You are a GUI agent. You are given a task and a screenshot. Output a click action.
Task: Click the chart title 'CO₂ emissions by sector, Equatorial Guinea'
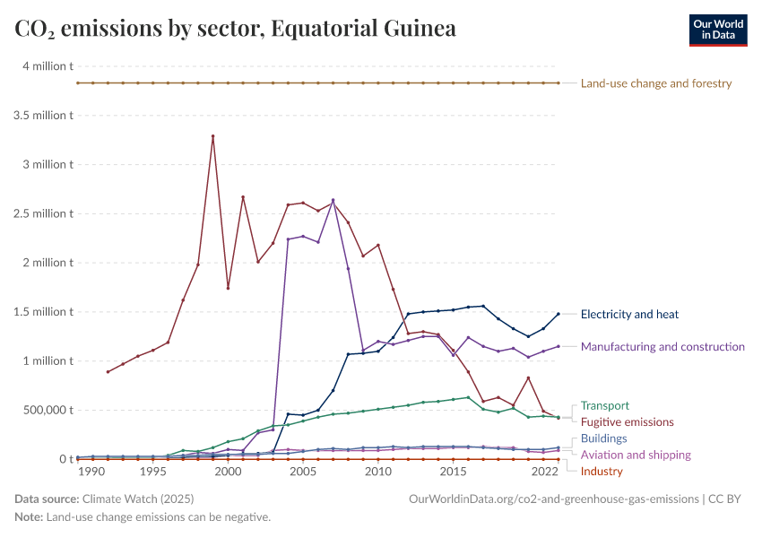click(235, 29)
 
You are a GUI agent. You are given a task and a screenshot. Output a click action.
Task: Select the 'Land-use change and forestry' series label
click(656, 83)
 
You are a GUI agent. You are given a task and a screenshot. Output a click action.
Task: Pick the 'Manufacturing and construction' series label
click(662, 347)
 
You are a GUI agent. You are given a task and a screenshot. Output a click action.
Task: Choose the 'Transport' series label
click(605, 406)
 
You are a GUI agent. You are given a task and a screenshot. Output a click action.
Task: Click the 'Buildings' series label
click(603, 439)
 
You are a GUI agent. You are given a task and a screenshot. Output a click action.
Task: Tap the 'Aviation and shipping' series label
click(635, 456)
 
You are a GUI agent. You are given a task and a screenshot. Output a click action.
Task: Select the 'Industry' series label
click(601, 472)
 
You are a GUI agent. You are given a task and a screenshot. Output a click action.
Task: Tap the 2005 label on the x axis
click(303, 472)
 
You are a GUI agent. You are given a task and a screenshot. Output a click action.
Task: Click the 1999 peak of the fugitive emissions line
click(212, 136)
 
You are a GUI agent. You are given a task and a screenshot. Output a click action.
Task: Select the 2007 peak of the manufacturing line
click(333, 200)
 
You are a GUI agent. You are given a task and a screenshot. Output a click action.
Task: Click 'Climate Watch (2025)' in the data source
click(138, 499)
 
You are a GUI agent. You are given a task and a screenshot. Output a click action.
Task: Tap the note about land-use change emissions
click(143, 517)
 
